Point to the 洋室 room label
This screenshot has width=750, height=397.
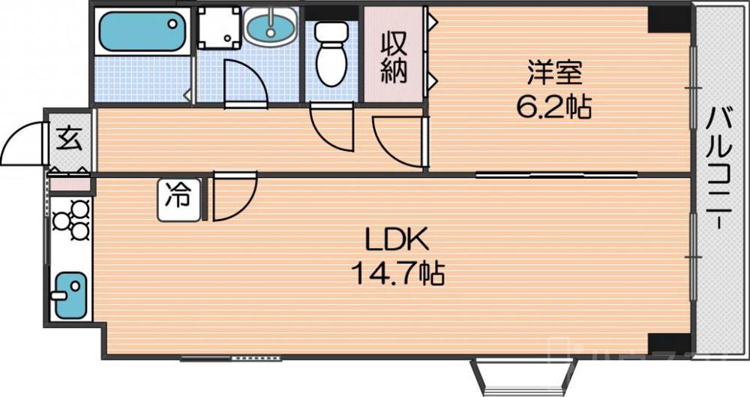tap(554, 74)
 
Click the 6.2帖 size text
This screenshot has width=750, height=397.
tap(553, 108)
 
